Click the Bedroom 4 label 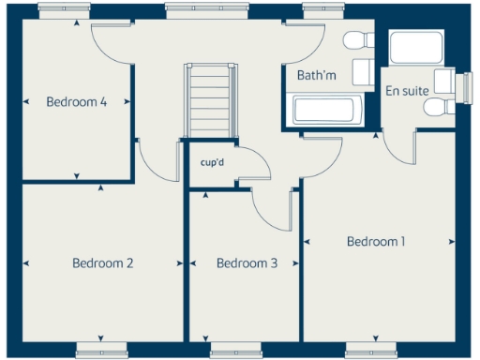coord(75,102)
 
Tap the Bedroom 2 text coord(102,263)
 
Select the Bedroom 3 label coord(247,263)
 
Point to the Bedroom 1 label coord(376,242)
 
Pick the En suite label coord(407,91)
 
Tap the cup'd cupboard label coord(213,161)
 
